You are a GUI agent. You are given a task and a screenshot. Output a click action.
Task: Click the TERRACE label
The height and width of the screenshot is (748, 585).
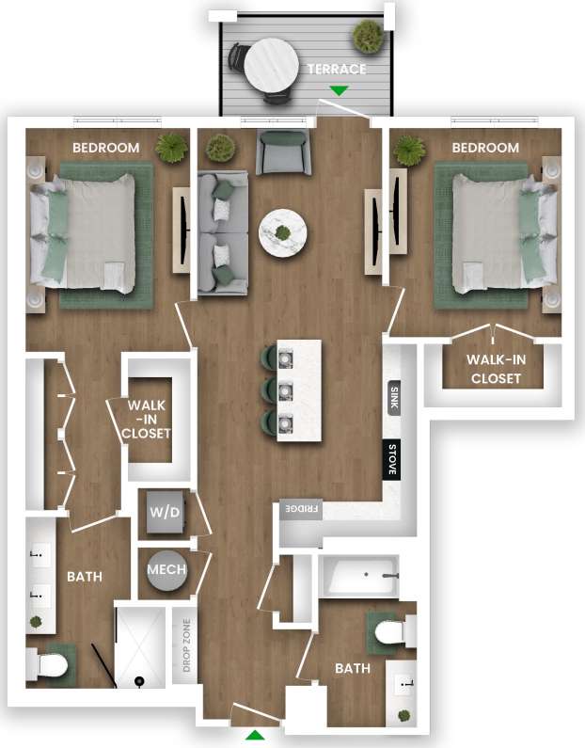336,70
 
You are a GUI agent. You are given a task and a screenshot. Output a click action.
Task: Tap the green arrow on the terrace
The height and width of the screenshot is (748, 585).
339,91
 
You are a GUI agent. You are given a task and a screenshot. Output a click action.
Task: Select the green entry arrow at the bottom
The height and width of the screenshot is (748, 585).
255,734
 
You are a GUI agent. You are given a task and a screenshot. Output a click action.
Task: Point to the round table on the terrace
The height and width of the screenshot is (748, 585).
270,63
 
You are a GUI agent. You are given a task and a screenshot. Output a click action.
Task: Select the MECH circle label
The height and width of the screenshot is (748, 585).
166,570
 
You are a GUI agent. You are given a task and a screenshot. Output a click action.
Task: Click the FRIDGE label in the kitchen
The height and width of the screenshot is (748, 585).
299,510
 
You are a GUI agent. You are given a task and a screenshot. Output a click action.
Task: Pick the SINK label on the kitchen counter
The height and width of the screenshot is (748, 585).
392,399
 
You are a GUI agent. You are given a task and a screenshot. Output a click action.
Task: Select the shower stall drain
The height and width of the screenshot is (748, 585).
140,679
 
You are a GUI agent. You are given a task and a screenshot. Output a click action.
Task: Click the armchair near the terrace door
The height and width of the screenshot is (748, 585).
283,152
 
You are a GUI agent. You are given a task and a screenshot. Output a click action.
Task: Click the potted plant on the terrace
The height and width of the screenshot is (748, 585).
368,37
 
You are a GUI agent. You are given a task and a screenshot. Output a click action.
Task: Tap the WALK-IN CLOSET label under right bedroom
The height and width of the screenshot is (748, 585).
494,370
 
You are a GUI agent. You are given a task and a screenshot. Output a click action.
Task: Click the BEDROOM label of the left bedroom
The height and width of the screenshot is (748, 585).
106,148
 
